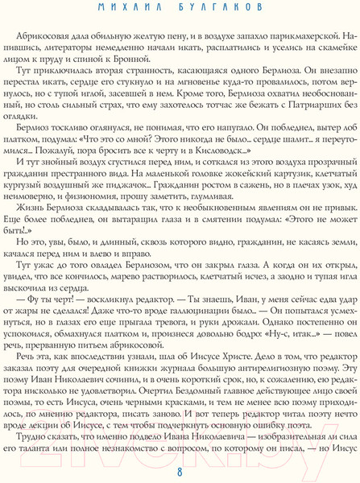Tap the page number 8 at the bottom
point(180,472)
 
